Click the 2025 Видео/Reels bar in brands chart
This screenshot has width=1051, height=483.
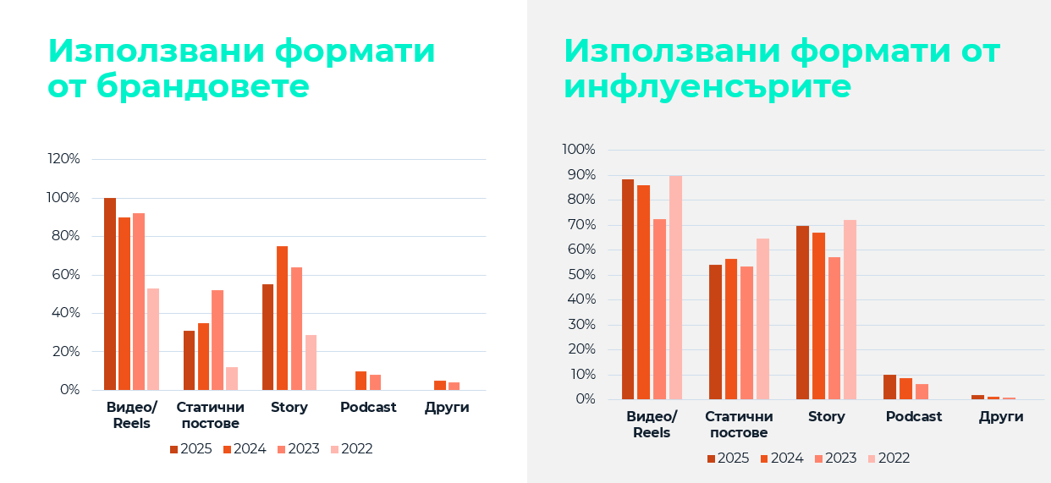pyautogui.click(x=110, y=294)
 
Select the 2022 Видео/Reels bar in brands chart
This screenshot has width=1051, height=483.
pyautogui.click(x=153, y=339)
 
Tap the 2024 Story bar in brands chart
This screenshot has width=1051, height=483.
pyautogui.click(x=282, y=318)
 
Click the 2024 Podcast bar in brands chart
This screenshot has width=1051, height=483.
pyautogui.click(x=360, y=381)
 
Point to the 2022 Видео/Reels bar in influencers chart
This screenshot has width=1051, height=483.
pyautogui.click(x=675, y=288)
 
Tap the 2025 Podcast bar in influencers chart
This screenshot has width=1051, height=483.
pyautogui.click(x=889, y=387)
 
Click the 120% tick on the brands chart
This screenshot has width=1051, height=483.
pyautogui.click(x=64, y=159)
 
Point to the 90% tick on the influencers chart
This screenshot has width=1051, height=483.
pyautogui.click(x=580, y=175)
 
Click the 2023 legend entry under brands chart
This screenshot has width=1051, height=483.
pyautogui.click(x=298, y=449)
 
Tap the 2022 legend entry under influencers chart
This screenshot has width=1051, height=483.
pyautogui.click(x=889, y=458)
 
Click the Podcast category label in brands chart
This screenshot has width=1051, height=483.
pyautogui.click(x=368, y=408)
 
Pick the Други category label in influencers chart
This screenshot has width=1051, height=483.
pyautogui.click(x=1001, y=417)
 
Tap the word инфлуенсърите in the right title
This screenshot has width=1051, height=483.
pyautogui.click(x=707, y=86)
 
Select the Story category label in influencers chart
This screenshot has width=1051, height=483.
pyautogui.click(x=827, y=417)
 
